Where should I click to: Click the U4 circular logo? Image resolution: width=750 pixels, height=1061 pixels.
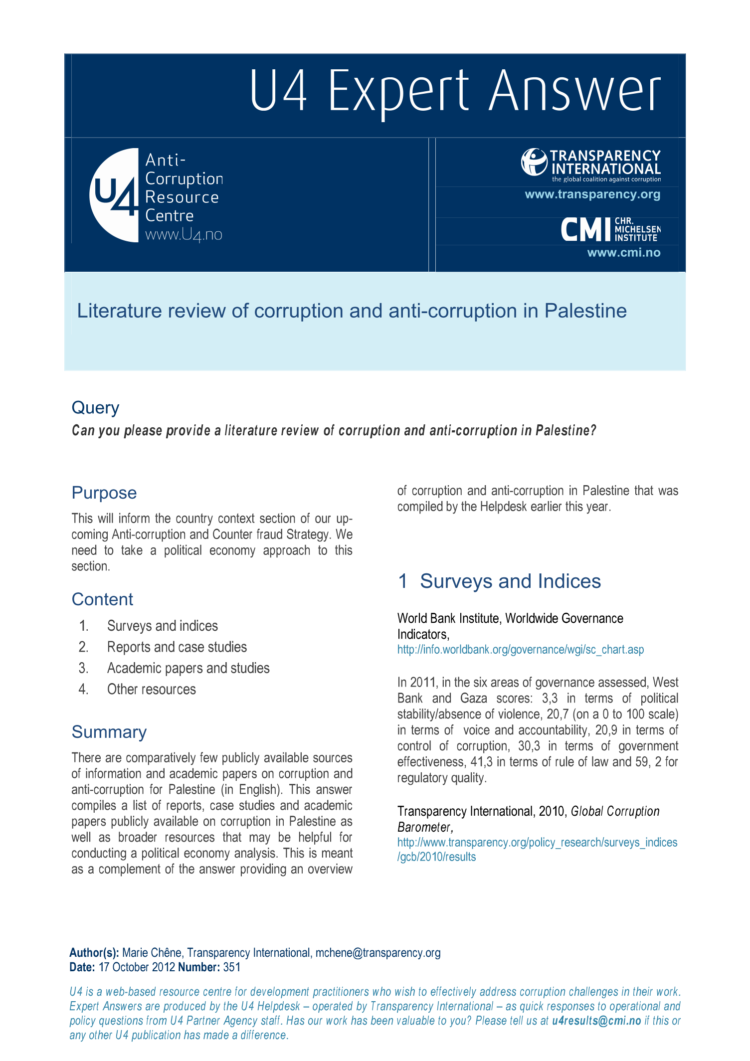114,195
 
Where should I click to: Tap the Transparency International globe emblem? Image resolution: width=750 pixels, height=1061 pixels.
534,162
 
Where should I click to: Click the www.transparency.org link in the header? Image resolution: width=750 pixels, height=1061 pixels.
592,194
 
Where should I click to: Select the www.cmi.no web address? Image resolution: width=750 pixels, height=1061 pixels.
623,253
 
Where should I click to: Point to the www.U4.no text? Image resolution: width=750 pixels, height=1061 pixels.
184,234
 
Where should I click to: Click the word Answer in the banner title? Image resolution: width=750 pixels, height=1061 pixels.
574,91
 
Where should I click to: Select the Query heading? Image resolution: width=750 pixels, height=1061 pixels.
95,408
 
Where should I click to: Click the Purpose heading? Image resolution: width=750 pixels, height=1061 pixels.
104,493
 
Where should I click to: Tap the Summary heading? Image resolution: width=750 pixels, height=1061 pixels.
109,732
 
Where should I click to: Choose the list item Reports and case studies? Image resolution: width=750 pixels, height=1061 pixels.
177,647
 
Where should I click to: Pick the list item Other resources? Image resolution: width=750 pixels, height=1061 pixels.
151,690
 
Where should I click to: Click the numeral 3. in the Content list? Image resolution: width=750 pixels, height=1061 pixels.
83,668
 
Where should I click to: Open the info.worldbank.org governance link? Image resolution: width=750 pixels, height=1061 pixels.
520,650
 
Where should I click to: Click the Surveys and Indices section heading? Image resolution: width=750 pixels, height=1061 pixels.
510,581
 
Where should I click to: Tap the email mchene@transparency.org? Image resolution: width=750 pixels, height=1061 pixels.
377,953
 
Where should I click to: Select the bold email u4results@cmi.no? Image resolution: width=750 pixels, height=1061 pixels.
596,1021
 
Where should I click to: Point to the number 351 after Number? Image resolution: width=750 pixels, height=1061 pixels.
232,967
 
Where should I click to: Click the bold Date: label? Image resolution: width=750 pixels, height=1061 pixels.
82,967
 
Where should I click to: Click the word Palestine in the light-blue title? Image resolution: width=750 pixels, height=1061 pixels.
585,311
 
